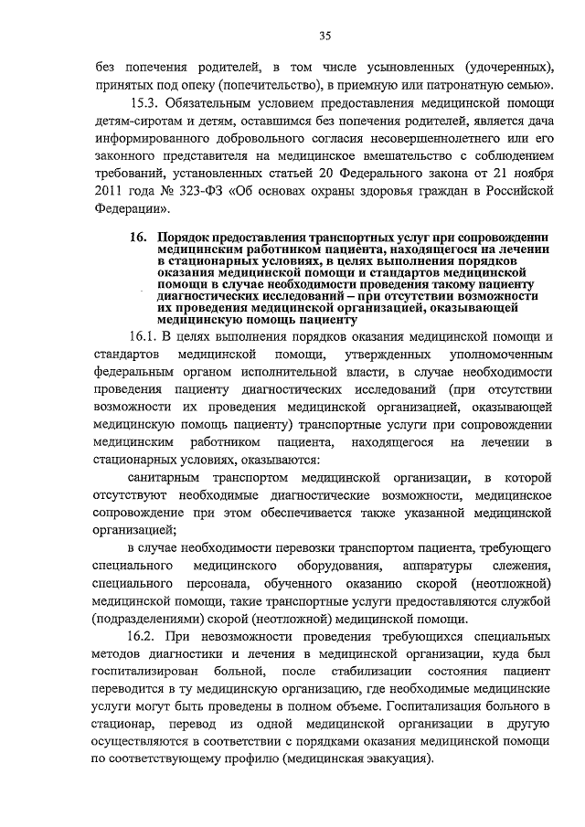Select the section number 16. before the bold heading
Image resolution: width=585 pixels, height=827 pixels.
click(139, 237)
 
